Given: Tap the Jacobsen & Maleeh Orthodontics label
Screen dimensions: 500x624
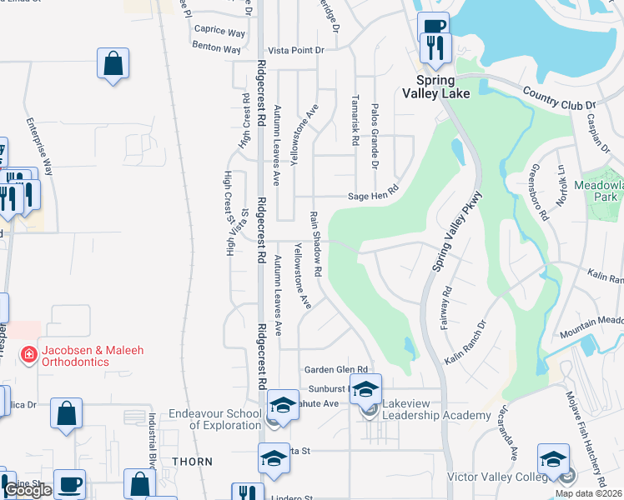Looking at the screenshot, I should (x=89, y=356).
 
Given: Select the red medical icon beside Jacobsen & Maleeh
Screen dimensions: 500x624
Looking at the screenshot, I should (x=28, y=355).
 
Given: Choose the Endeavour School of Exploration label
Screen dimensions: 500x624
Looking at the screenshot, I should (x=214, y=418).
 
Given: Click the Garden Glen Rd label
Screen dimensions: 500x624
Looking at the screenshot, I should (x=335, y=369).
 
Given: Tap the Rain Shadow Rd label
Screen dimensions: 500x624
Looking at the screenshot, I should (x=316, y=243).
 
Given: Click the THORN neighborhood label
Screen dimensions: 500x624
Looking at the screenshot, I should (x=192, y=461).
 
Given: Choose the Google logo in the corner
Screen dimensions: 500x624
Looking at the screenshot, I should (x=28, y=491).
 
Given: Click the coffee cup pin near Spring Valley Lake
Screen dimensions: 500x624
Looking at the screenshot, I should (x=432, y=27).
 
